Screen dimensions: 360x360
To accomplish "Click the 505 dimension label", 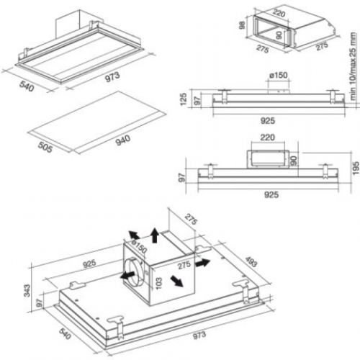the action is (45, 147).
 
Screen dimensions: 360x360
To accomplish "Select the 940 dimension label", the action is (123, 140).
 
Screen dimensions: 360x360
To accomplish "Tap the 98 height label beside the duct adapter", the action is (242, 25).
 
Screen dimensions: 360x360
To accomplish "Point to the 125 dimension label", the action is (184, 99).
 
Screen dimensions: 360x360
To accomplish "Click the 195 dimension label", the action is (356, 168).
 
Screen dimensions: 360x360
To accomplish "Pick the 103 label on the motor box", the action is (158, 284).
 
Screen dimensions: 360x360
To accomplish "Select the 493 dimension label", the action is (251, 261).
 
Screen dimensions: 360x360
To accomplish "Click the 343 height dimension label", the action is (27, 291).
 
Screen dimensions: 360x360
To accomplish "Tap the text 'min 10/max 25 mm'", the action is (353, 67).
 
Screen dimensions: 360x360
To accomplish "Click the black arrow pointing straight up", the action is (155, 235).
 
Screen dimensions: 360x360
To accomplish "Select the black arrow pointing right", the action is (202, 263).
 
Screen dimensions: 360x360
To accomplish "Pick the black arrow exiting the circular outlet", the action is (127, 275).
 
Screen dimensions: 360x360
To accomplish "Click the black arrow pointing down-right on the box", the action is (177, 281).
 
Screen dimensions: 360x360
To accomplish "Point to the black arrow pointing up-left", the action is (135, 235).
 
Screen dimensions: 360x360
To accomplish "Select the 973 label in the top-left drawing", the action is (112, 76).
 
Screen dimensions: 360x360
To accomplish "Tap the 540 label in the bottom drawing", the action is (65, 333).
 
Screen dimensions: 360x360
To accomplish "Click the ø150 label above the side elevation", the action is (278, 75).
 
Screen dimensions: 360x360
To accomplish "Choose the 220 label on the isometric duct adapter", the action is (279, 12).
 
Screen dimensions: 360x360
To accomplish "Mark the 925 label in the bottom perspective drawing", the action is (89, 264).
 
